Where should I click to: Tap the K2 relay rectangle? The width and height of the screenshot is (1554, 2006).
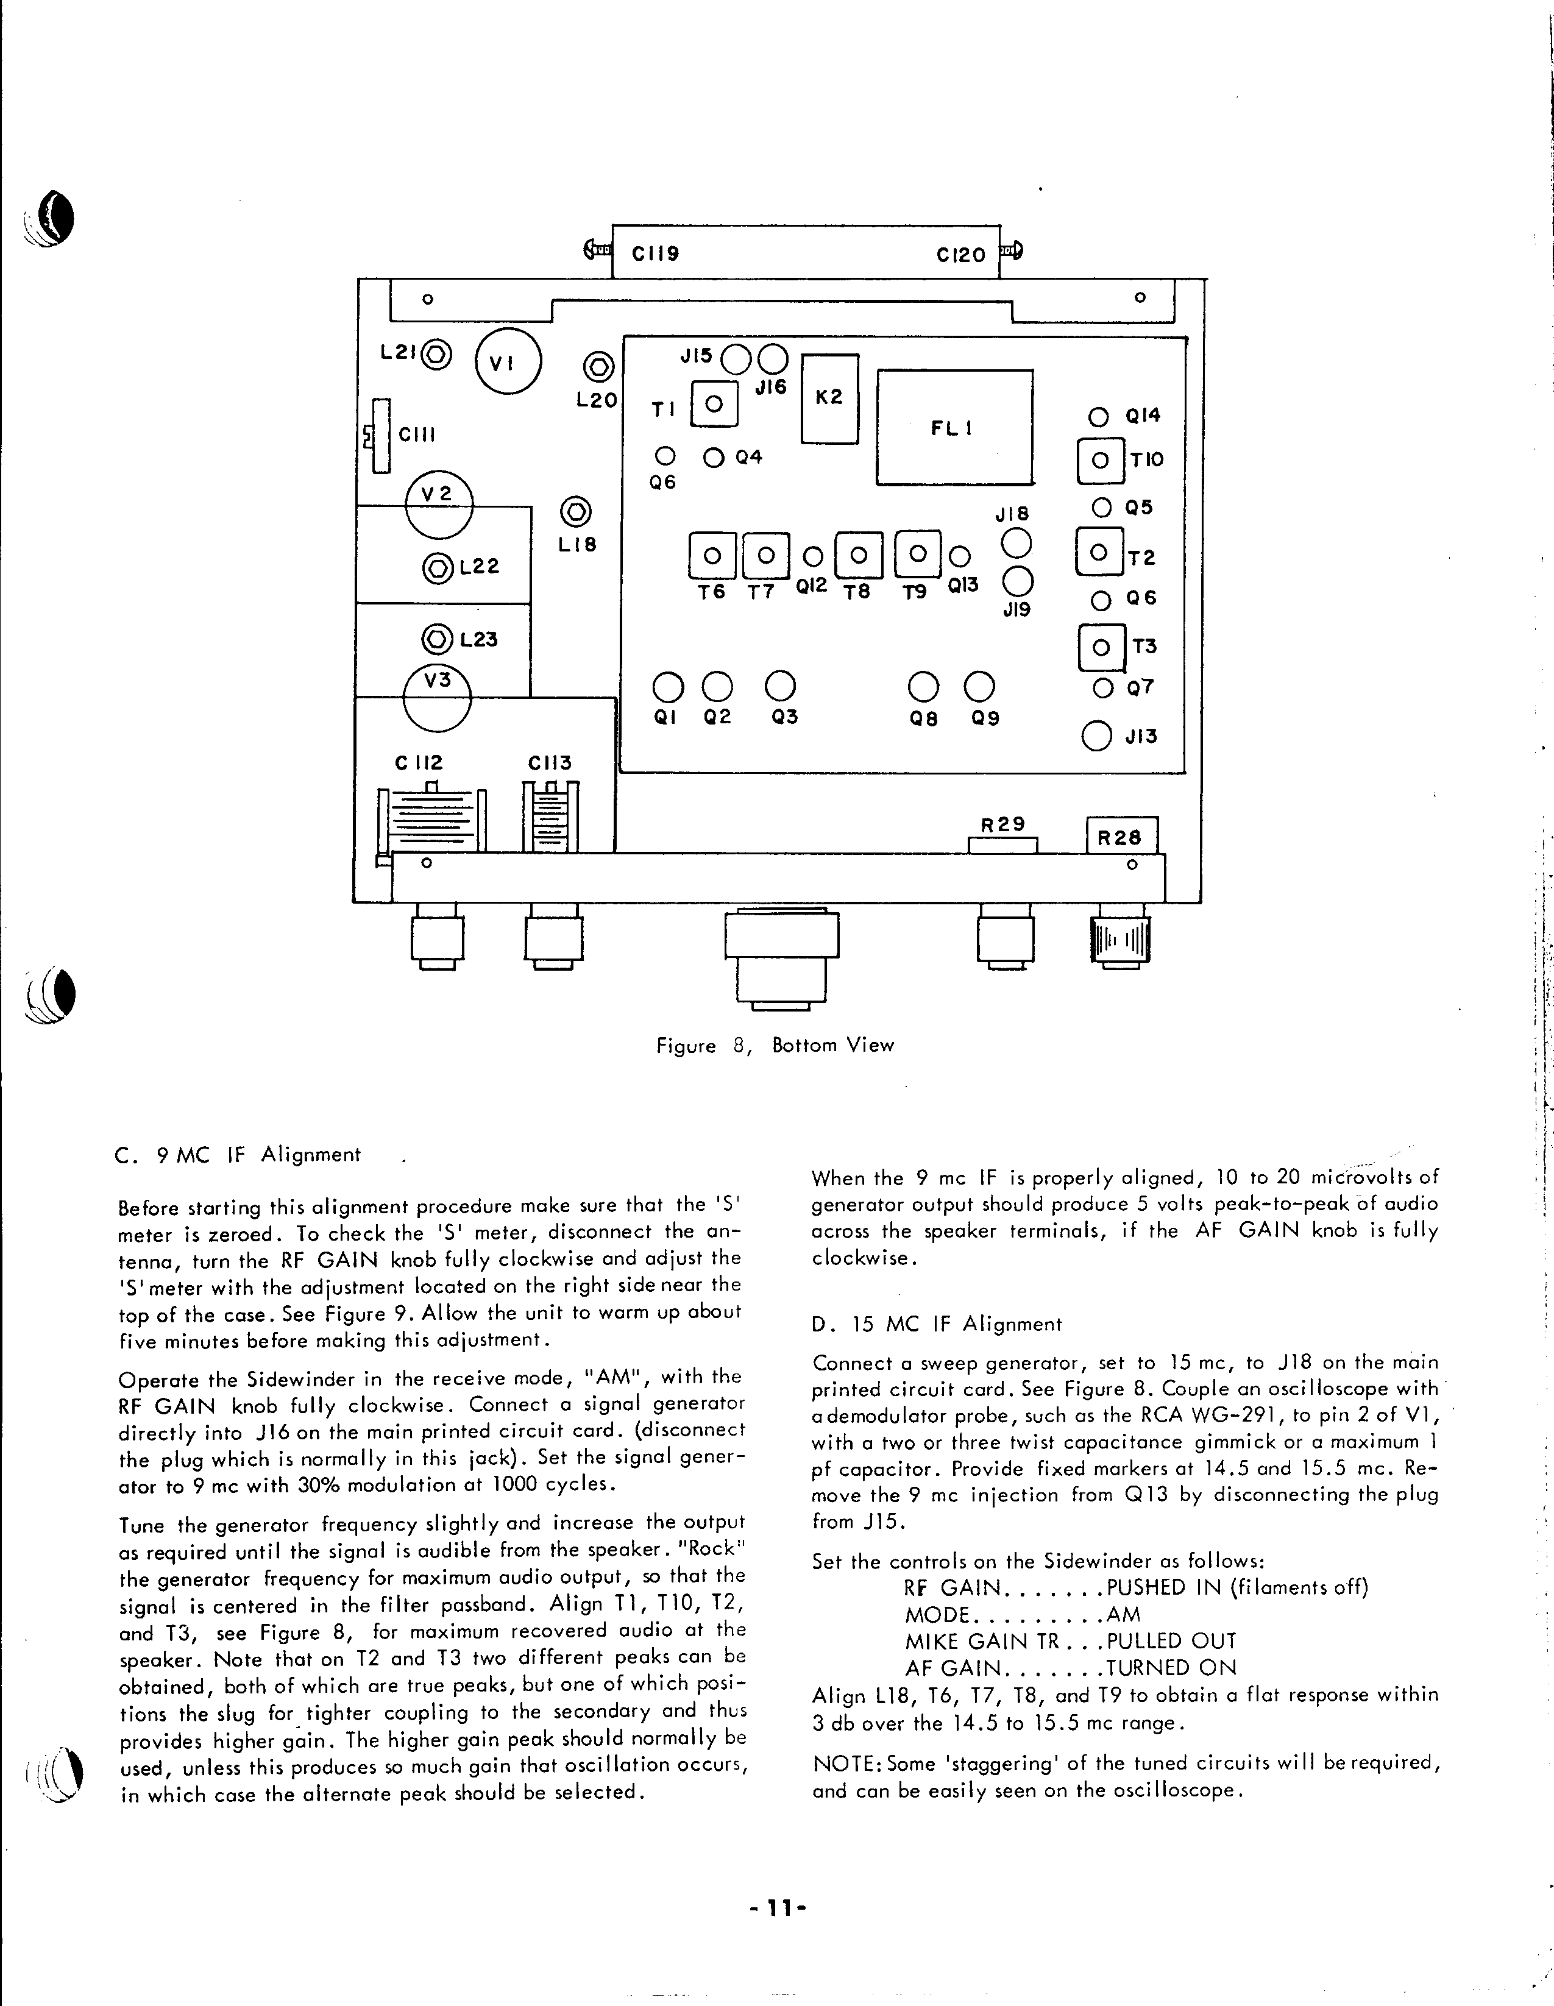click(829, 399)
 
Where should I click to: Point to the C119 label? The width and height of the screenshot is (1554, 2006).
click(656, 253)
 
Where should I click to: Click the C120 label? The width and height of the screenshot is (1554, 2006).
click(960, 255)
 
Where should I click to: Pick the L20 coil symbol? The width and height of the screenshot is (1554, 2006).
click(599, 367)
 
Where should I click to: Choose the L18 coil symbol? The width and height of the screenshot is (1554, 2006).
click(577, 512)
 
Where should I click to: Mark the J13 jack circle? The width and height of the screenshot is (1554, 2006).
click(1096, 735)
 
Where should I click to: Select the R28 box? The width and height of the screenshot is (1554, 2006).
click(1121, 837)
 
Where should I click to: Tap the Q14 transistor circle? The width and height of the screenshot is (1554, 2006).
click(1098, 417)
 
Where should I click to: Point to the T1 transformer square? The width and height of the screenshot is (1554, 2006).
click(715, 403)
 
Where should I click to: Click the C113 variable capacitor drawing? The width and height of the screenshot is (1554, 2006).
click(551, 817)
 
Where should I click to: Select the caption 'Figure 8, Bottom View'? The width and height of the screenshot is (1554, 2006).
click(774, 1045)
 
